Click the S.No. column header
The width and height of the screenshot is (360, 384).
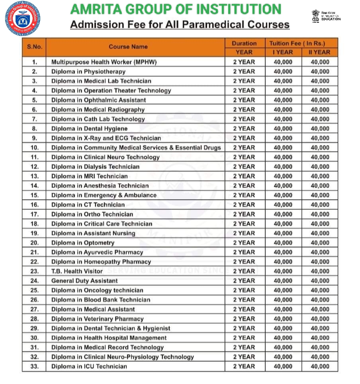pyautogui.click(x=35, y=47)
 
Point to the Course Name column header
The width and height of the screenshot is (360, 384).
pyautogui.click(x=128, y=47)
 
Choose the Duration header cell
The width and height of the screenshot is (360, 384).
pyautogui.click(x=244, y=43)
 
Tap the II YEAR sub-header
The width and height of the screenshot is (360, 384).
pyautogui.click(x=320, y=52)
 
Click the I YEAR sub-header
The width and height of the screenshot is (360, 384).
pyautogui.click(x=283, y=52)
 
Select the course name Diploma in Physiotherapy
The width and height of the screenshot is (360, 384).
pyautogui.click(x=88, y=72)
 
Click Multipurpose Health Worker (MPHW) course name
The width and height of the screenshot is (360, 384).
pyautogui.click(x=104, y=62)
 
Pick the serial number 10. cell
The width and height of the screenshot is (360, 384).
pyautogui.click(x=35, y=148)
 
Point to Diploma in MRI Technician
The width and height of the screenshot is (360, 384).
pyautogui.click(x=89, y=176)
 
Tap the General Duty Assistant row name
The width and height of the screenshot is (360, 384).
pyautogui.click(x=84, y=281)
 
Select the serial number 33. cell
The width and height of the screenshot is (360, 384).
pyautogui.click(x=35, y=366)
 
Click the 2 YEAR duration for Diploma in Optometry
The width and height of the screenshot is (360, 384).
pyautogui.click(x=244, y=243)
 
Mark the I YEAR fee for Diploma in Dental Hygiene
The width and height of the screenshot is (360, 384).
pyautogui.click(x=283, y=129)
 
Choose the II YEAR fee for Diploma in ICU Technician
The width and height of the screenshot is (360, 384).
pyautogui.click(x=320, y=366)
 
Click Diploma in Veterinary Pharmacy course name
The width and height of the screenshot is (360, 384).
pyautogui.click(x=97, y=319)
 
